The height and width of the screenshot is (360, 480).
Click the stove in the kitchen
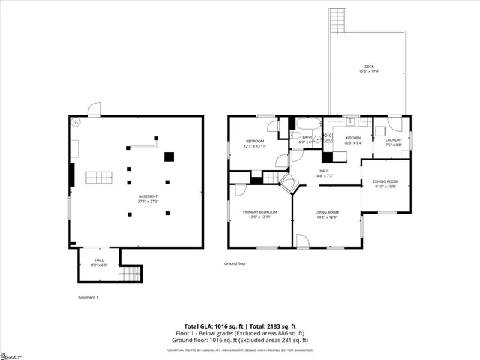point(328,138)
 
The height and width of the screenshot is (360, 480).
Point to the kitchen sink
point(349,121)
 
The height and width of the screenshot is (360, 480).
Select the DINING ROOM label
point(386,182)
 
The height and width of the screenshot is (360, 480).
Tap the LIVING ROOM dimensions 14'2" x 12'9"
point(327,217)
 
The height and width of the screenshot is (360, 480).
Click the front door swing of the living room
point(303,240)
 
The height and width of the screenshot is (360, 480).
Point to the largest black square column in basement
point(169,157)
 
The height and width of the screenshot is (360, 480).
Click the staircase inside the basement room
point(98,178)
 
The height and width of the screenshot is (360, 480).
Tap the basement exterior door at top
point(94,111)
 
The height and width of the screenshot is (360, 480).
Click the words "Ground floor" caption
point(235,263)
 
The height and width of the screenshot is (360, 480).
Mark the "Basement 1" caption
point(88,298)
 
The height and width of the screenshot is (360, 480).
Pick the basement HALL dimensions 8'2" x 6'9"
point(99,265)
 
